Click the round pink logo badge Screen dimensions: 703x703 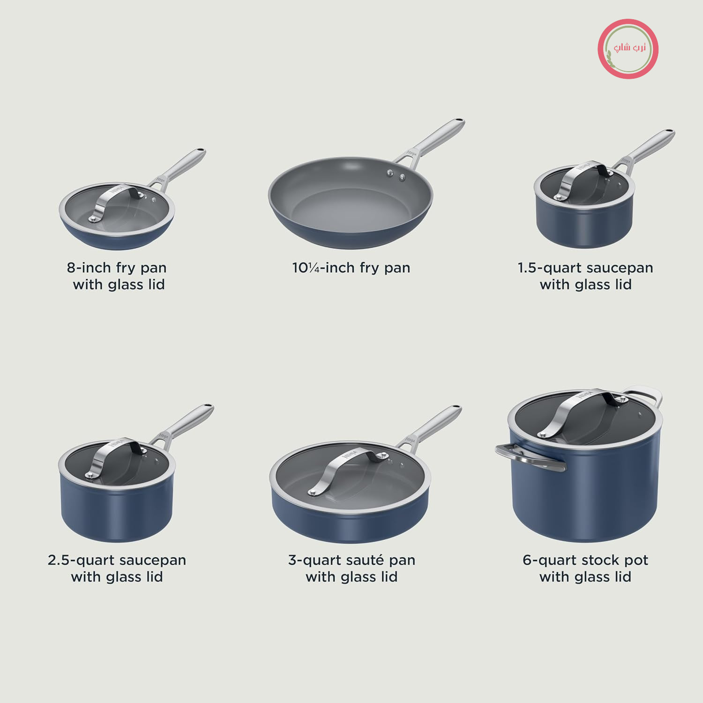(628, 49)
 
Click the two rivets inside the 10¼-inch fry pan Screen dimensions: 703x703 (396, 175)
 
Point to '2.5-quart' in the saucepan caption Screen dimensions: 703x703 (84, 561)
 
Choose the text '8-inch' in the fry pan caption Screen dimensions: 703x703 (89, 268)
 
